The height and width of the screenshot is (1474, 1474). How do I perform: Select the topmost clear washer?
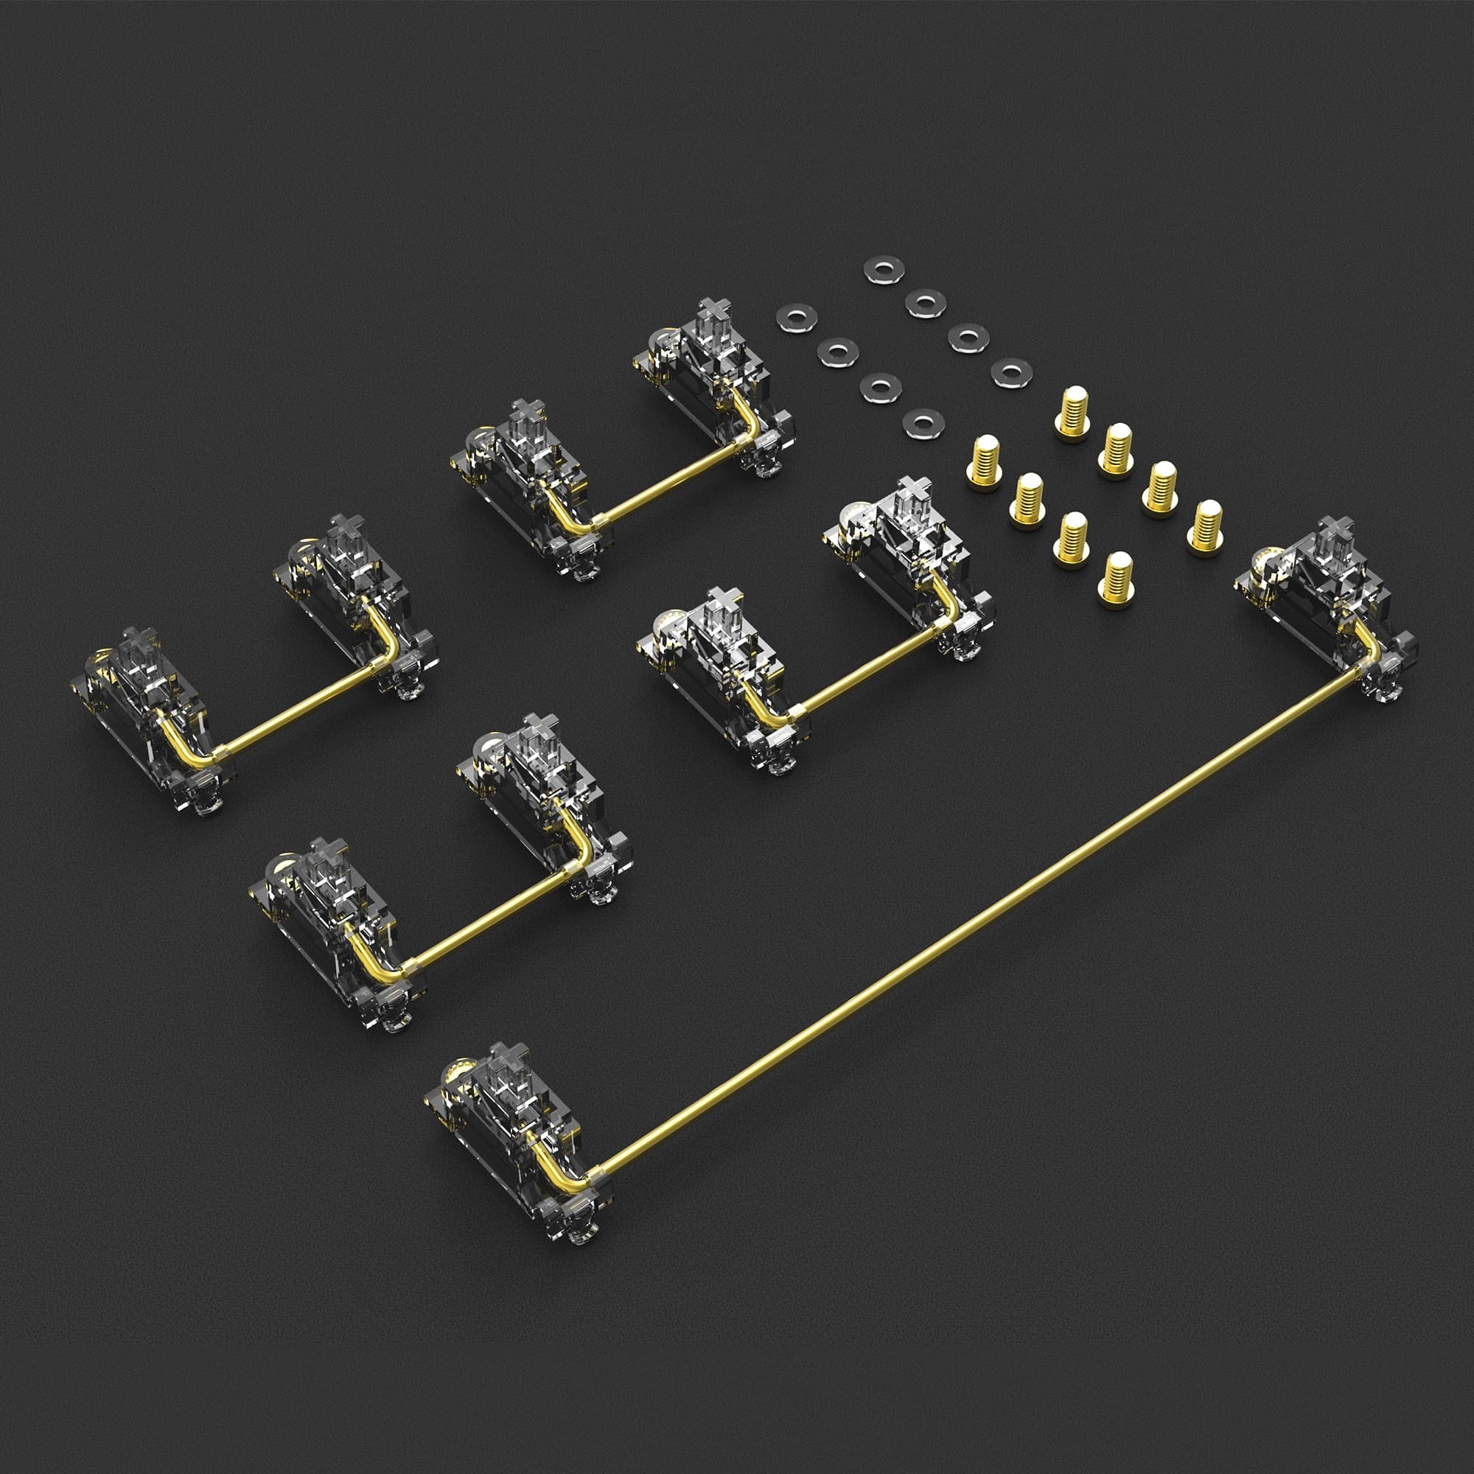[x=884, y=269]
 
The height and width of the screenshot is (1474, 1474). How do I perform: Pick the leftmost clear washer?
[x=797, y=318]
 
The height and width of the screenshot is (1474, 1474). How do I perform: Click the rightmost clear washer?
[x=1012, y=371]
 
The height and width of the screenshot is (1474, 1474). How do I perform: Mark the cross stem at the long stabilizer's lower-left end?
[x=509, y=1056]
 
